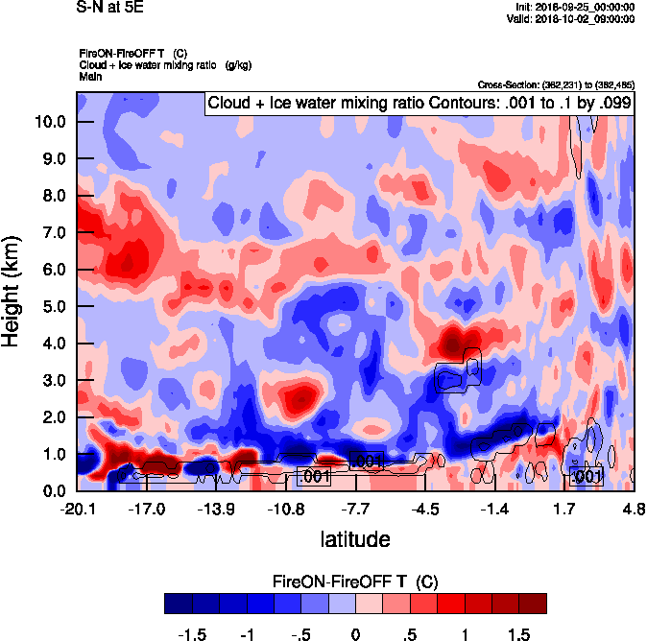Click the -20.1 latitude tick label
[77, 509]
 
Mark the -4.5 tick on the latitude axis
[425, 509]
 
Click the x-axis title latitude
[355, 539]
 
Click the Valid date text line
[572, 19]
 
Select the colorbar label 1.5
[518, 634]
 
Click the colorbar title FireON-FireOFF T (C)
[355, 582]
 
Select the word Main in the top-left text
[90, 75]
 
